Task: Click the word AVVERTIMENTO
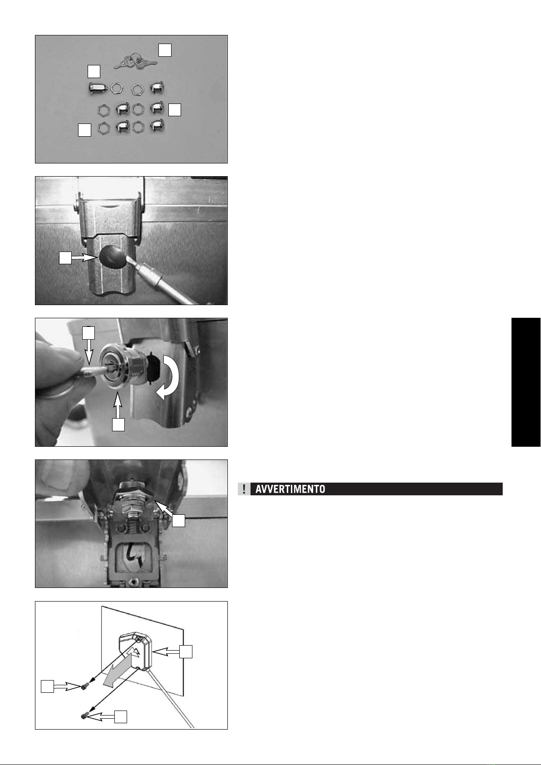point(290,489)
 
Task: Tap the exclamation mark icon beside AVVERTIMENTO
point(244,489)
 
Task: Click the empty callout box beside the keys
point(164,50)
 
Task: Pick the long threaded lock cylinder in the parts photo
point(98,88)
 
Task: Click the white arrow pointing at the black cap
point(85,258)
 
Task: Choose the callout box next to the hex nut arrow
point(178,520)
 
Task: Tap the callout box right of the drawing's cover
point(186,651)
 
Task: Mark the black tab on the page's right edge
point(526,382)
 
